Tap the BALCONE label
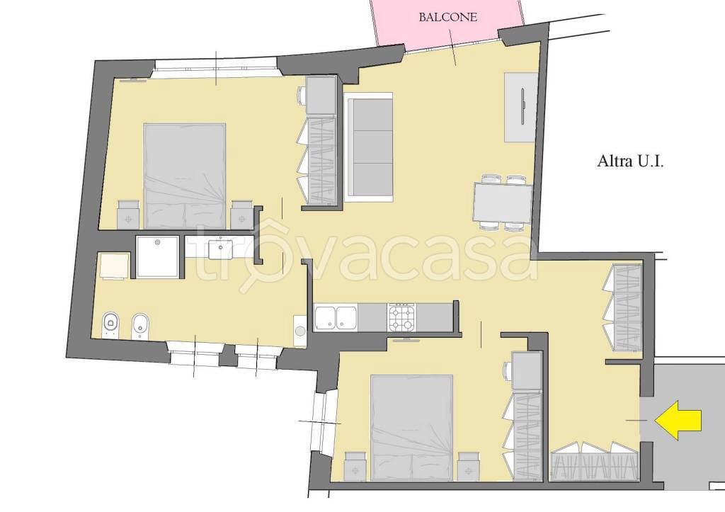coord(447,18)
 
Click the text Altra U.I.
coord(631,161)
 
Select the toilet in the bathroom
coord(110,324)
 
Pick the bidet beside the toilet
coord(140,324)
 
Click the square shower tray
coord(157,256)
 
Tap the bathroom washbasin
coord(221,249)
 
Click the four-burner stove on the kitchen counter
coord(402,317)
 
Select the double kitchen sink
coord(336,318)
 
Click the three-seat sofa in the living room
coord(368,147)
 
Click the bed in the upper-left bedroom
coord(185,176)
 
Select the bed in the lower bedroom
coord(411,427)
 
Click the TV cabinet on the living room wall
coord(521,108)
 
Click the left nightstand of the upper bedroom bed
coord(128,215)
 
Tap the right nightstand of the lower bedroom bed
coord(469,466)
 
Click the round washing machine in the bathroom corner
coord(300,331)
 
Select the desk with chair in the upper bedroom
coord(319,95)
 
